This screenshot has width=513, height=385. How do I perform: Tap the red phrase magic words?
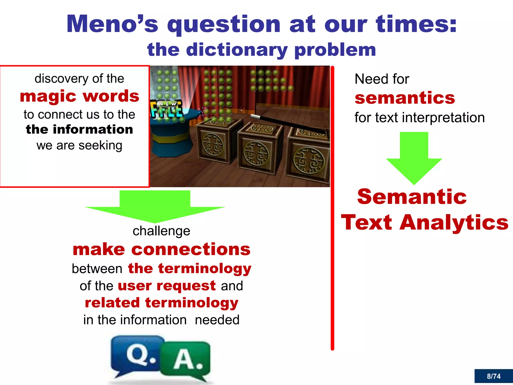(79, 96)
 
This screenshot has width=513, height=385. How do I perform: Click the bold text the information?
(79, 130)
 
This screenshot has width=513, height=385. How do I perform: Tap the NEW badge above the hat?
(167, 104)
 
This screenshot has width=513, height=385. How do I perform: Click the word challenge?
(161, 231)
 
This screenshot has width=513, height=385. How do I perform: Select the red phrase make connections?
(162, 249)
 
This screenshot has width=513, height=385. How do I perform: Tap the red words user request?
(167, 286)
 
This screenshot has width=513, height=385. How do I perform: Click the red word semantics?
(405, 98)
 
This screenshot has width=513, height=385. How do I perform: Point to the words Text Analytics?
(425, 222)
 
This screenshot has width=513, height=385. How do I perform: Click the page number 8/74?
(493, 376)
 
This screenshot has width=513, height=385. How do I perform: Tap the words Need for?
(382, 79)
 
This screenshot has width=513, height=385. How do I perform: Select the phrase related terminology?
(162, 303)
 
